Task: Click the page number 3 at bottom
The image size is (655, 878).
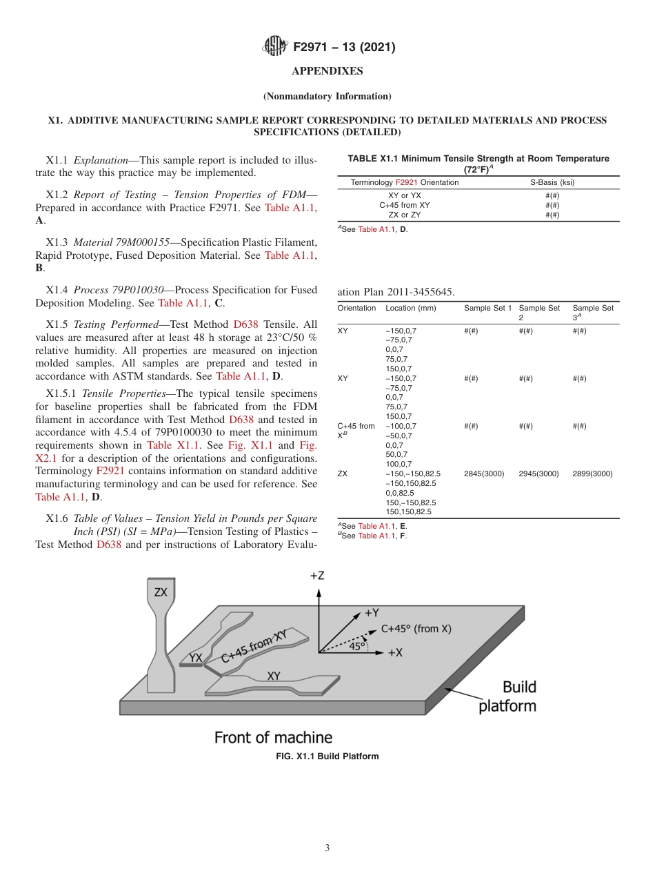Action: [x=327, y=848]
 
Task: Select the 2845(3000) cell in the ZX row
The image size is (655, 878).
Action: [x=484, y=474]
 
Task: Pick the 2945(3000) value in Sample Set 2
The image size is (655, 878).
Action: [x=538, y=474]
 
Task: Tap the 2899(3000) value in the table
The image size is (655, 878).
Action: [x=592, y=474]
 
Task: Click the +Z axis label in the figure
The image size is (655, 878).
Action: [x=317, y=575]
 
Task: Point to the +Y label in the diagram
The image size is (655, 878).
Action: [x=372, y=612]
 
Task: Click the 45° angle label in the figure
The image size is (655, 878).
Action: [x=357, y=647]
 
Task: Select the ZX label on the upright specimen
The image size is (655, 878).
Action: [x=161, y=592]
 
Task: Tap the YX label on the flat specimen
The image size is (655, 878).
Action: [x=196, y=658]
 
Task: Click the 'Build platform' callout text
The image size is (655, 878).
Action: [x=509, y=696]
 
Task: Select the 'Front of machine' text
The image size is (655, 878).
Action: [x=273, y=737]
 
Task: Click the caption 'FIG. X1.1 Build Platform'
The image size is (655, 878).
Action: [x=327, y=757]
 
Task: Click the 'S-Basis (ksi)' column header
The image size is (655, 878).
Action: [x=552, y=182]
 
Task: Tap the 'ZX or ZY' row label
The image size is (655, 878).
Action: [x=405, y=215]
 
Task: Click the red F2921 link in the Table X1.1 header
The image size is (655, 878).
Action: [x=407, y=182]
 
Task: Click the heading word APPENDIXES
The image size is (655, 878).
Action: [x=327, y=71]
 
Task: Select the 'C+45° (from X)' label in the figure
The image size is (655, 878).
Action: [x=416, y=629]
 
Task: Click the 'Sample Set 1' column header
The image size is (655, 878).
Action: [x=487, y=308]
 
